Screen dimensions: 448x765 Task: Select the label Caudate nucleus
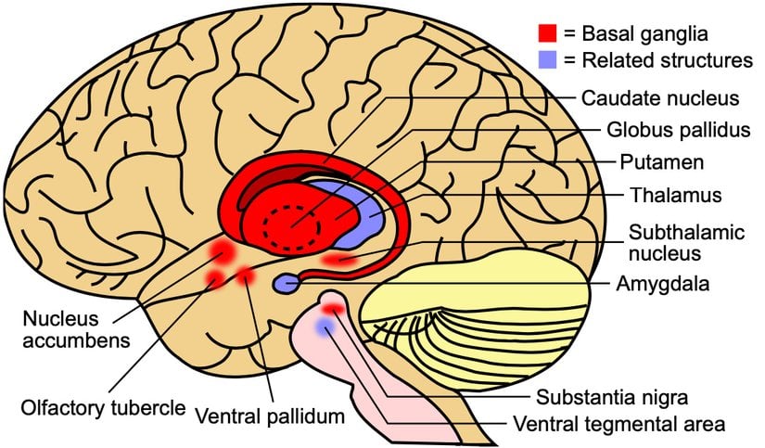(x=647, y=97)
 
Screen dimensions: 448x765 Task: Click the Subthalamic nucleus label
(x=677, y=240)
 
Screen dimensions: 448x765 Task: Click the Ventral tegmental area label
(x=618, y=426)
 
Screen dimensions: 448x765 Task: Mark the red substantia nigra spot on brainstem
(x=333, y=308)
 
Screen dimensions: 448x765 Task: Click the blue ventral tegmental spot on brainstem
(x=324, y=327)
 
